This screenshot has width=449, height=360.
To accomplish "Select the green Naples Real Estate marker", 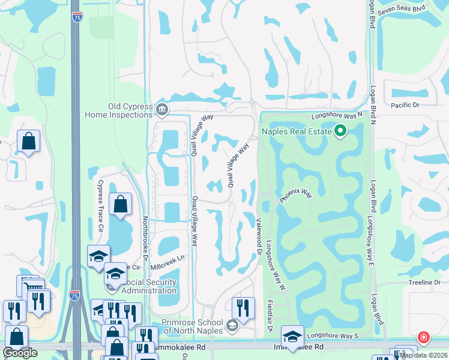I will [340, 130].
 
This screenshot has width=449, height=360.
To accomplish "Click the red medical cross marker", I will [424, 338].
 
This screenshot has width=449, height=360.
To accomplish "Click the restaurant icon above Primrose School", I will [243, 307].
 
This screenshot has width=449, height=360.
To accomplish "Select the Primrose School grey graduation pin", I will [232, 326].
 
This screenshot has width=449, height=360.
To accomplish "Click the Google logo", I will [20, 353].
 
